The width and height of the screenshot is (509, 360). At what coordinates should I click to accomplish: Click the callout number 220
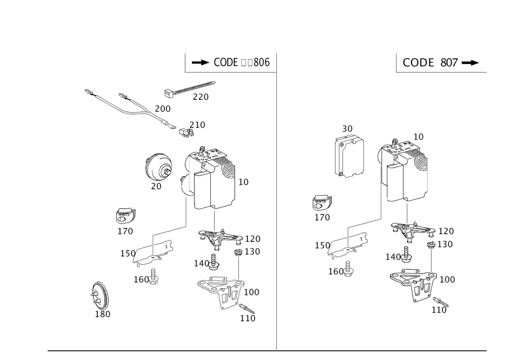click(x=201, y=97)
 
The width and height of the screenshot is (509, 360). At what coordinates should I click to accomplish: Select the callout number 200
click(x=163, y=108)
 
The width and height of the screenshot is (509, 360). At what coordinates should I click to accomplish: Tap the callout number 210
click(x=197, y=124)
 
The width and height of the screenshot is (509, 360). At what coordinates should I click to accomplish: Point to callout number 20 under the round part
click(x=156, y=186)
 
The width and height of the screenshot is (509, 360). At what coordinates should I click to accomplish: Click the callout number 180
click(x=103, y=314)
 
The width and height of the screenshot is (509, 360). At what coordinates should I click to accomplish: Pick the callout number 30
click(x=348, y=129)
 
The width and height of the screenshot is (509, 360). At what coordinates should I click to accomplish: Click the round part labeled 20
click(x=158, y=167)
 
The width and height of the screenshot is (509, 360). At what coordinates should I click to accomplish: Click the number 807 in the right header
click(x=450, y=63)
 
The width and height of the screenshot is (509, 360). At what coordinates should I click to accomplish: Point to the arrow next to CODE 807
click(x=472, y=63)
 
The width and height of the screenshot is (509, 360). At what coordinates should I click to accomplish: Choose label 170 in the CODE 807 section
click(x=322, y=217)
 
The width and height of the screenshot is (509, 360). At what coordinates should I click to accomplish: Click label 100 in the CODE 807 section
click(x=447, y=280)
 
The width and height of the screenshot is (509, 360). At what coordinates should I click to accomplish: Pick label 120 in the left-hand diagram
click(x=252, y=238)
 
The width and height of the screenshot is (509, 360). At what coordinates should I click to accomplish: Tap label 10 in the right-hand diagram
click(x=418, y=136)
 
